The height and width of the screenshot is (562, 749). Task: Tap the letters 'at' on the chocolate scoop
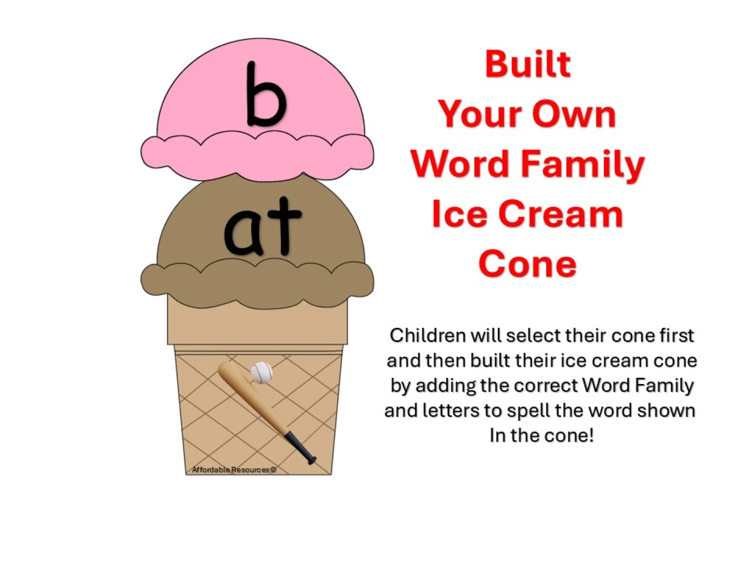pos(262,227)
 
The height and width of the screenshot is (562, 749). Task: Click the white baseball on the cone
pos(262,372)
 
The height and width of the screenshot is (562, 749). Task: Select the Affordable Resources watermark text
pos(234,470)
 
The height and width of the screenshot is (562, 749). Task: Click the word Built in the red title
pos(527,64)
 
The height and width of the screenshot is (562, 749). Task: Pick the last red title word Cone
pos(527,264)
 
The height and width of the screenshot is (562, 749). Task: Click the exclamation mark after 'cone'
pos(591,436)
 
